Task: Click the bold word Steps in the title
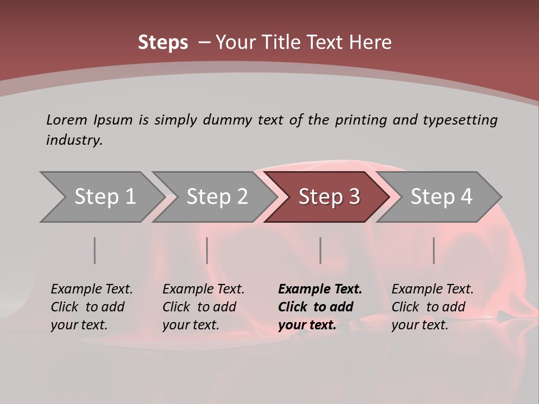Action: tap(163, 43)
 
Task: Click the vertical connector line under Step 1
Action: tap(95, 250)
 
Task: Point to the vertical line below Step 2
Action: tap(207, 250)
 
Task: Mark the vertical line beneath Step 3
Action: tap(321, 250)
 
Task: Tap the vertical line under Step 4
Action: tap(434, 250)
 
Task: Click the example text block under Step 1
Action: tap(92, 307)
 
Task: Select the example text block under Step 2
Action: tap(203, 307)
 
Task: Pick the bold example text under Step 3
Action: tap(320, 307)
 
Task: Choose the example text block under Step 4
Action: tap(432, 307)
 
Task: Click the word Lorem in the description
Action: tap(66, 120)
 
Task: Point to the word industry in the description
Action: tap(74, 140)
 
